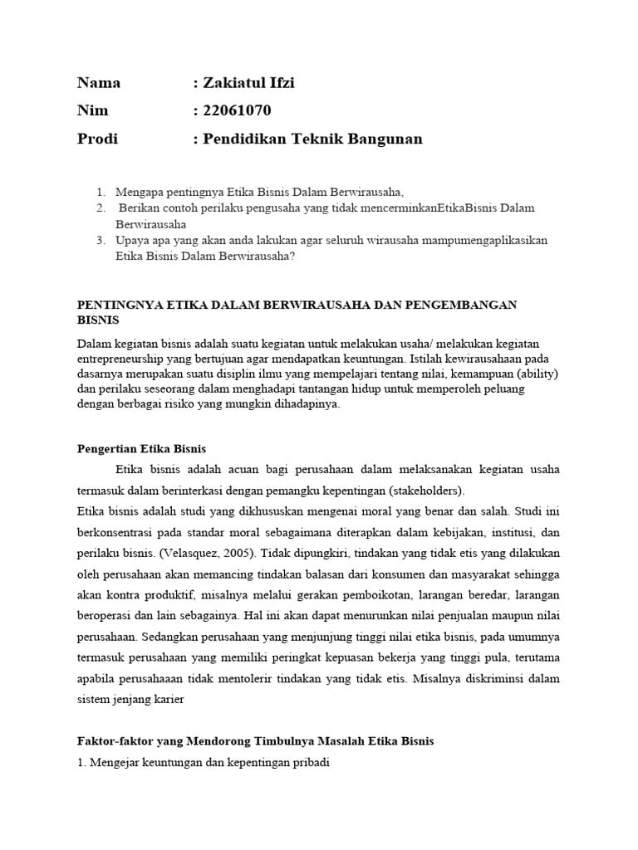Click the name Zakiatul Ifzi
(x=248, y=83)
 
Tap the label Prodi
(x=97, y=139)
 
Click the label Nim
(x=92, y=111)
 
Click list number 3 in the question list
(x=100, y=241)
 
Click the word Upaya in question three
(x=132, y=241)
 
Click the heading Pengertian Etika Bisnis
(x=141, y=449)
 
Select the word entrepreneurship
(x=123, y=359)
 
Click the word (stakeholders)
(x=422, y=490)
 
